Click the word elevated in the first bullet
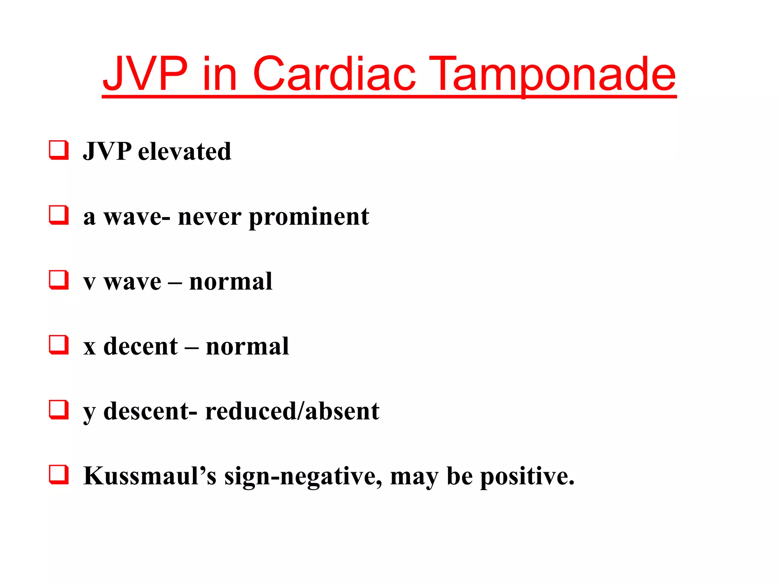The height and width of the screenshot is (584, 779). pos(184,152)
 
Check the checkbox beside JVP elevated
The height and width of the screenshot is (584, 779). pos(59,150)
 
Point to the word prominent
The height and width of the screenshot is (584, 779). pos(309,217)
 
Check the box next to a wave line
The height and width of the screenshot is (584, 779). pos(59,215)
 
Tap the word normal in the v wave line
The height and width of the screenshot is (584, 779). pos(231,282)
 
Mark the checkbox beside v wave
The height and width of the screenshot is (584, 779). pos(59,280)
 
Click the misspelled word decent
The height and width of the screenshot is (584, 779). pos(140,347)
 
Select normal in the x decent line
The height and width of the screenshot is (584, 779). pos(247,347)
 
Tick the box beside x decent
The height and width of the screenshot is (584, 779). pos(59,345)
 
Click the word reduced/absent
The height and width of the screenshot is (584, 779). pos(292,411)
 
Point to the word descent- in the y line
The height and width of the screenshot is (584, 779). pos(150,411)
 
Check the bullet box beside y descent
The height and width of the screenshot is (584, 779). pos(59,410)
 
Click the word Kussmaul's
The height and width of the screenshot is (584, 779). pos(150,476)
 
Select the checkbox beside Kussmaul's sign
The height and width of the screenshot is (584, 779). pos(59,474)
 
